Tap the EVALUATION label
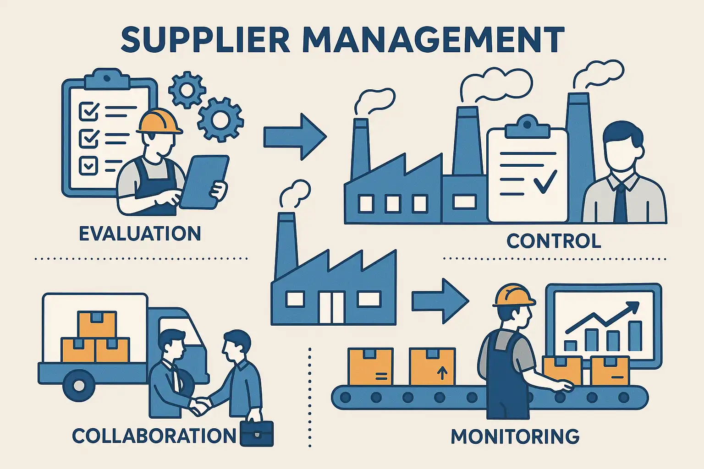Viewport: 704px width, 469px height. click(140, 234)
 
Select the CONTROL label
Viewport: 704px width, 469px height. click(554, 241)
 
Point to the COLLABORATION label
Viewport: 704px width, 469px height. click(154, 436)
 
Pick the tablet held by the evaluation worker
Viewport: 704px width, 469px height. click(204, 181)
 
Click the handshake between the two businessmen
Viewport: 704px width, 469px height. click(200, 405)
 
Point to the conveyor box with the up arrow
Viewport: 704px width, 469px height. click(432, 366)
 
